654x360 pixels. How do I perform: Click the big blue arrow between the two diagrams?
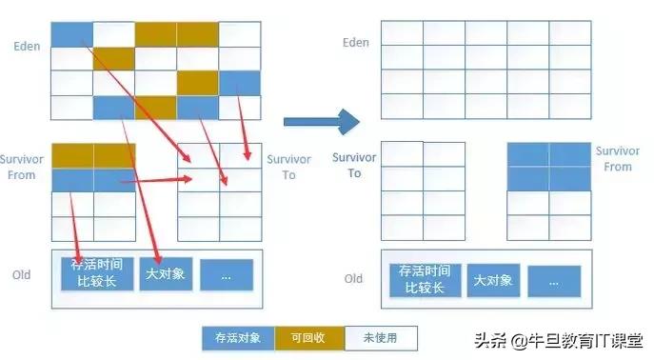(322, 121)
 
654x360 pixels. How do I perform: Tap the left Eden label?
(26, 45)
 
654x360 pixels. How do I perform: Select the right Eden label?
(355, 42)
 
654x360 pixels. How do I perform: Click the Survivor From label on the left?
(21, 168)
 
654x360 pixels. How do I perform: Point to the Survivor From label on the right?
(617, 158)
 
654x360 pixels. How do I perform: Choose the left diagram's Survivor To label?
(288, 167)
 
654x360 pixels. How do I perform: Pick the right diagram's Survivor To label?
(354, 166)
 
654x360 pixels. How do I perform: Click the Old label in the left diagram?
(21, 275)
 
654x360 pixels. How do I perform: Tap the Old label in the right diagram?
(353, 278)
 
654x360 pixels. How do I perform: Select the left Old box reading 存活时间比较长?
(96, 274)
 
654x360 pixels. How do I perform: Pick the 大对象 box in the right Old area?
(492, 279)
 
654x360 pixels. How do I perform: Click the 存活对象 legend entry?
(237, 337)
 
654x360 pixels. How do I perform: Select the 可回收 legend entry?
(309, 337)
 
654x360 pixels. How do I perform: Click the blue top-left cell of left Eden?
(70, 33)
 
